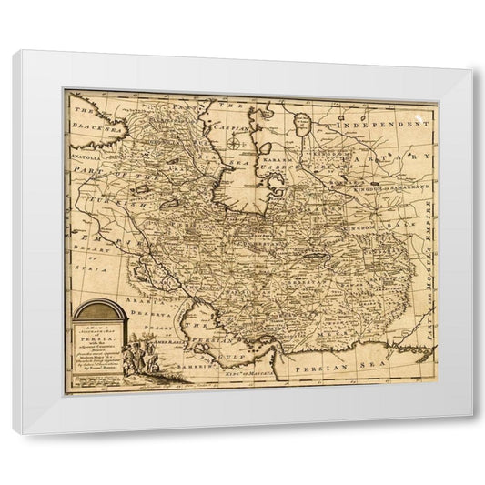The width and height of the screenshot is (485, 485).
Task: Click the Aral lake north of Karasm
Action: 303,131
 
